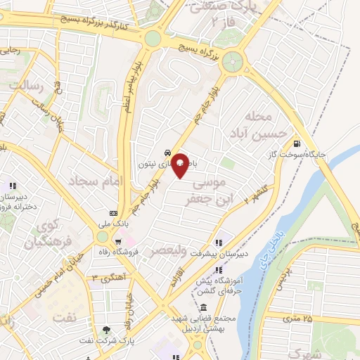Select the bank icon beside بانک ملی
pyautogui.click(x=113, y=213)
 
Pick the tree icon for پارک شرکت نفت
pyautogui.click(x=107, y=329)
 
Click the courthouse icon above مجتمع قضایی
pyautogui.click(x=203, y=308)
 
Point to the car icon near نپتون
pyautogui.click(x=167, y=152)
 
